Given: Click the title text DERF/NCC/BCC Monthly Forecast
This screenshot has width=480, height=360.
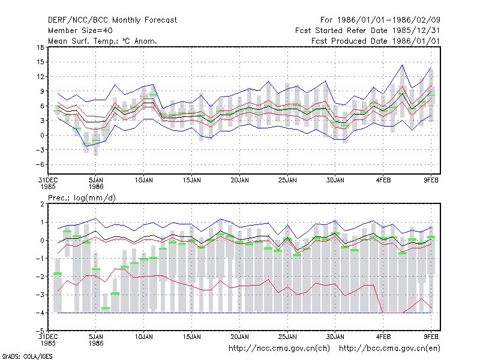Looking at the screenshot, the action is tap(112, 20).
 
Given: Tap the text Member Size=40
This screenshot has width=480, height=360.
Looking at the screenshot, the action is tap(80, 31).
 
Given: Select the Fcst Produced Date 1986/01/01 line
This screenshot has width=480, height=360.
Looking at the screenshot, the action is tap(376, 41).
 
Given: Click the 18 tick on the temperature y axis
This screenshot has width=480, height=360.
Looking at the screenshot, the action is tap(40, 47).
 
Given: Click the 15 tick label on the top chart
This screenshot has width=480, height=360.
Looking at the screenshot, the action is tap(40, 62).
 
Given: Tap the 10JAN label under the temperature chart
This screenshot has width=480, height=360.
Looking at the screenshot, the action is tap(143, 181).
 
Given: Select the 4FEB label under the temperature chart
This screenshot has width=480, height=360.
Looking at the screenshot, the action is tap(383, 181).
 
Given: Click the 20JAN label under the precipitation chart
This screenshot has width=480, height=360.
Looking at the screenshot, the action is tap(239, 337).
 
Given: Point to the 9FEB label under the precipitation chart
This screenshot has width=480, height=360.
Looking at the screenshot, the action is tap(431, 337).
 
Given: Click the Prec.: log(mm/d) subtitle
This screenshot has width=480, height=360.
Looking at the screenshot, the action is tap(82, 198).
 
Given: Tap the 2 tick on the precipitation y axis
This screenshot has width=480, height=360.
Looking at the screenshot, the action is tap(42, 204).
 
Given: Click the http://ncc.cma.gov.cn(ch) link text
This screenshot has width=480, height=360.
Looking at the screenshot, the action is tap(279, 349).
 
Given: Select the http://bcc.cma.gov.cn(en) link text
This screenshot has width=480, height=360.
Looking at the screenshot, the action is tap(389, 349).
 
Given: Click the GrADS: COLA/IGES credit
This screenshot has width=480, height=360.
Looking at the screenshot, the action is tap(27, 356).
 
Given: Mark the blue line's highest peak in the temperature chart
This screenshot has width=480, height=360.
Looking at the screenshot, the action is tap(402, 65).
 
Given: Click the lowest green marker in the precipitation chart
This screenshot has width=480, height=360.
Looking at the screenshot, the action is tap(106, 308).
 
